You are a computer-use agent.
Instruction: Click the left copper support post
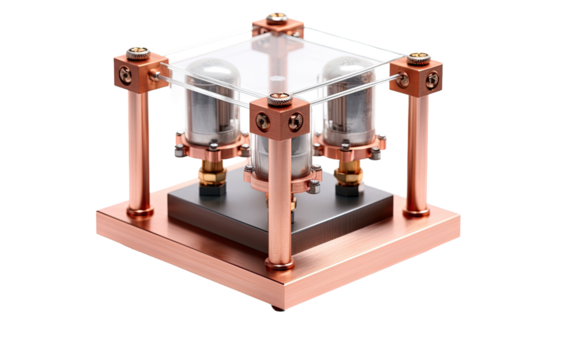click(139, 150)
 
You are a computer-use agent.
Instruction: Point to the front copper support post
click(276, 200)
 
